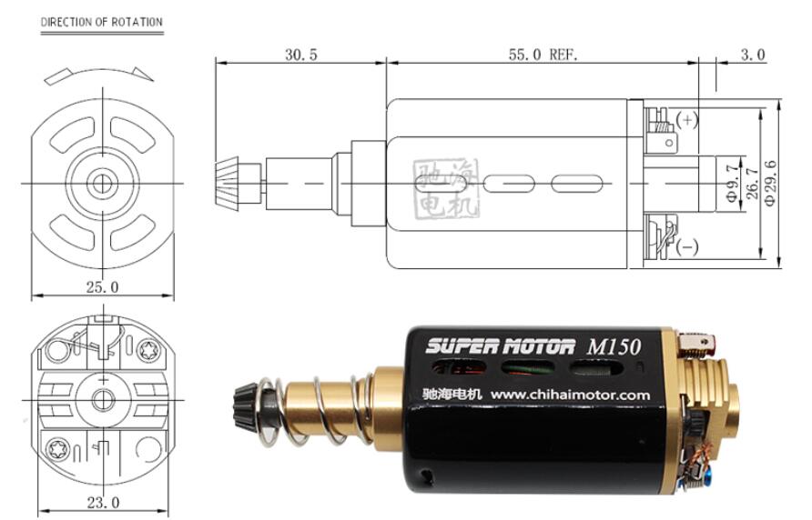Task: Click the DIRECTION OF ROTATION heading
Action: (x=102, y=22)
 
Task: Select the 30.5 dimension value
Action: (x=301, y=55)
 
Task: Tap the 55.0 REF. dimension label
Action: (x=543, y=55)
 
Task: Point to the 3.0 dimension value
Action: (x=753, y=55)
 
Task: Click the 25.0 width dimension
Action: (x=102, y=287)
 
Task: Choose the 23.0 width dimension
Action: (x=103, y=503)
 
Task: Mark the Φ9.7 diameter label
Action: (x=731, y=183)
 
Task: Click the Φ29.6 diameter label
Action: (x=770, y=183)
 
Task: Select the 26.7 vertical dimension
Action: (x=752, y=184)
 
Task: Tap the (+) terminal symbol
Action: (x=687, y=120)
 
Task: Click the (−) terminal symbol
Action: (x=687, y=246)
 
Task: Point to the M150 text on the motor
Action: (x=614, y=346)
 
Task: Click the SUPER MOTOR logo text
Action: (x=500, y=345)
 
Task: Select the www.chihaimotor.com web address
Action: (x=570, y=395)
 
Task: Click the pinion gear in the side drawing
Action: (x=227, y=184)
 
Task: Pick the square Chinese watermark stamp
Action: (x=446, y=189)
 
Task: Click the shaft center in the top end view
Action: (x=103, y=183)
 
